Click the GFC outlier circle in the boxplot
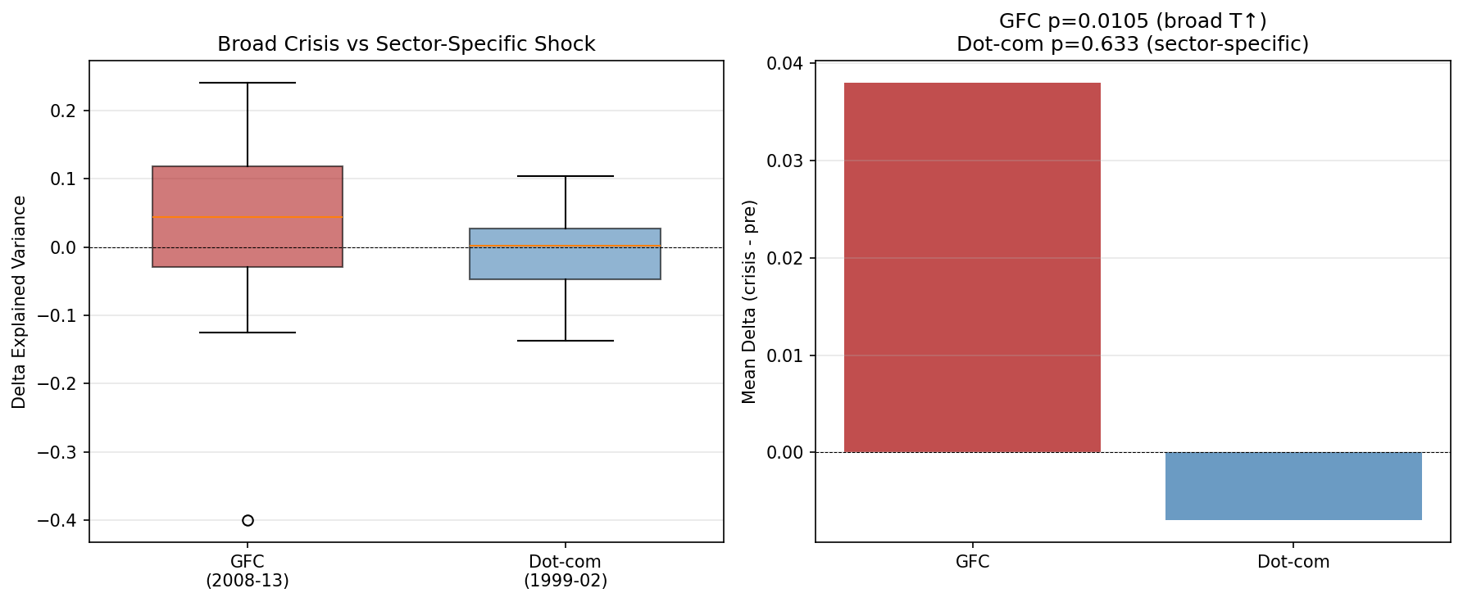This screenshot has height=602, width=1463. [x=248, y=520]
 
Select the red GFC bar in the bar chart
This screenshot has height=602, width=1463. [x=972, y=267]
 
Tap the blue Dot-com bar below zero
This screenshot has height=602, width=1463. [x=1293, y=486]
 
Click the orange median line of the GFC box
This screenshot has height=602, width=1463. [x=248, y=217]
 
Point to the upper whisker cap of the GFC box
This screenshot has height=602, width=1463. [x=248, y=83]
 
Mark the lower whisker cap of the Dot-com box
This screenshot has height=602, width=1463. [x=566, y=341]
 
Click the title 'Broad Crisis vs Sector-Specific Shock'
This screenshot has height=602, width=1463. [x=406, y=44]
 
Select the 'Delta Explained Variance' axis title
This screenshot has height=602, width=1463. [x=20, y=301]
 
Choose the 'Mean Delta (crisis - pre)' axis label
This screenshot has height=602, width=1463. [x=749, y=301]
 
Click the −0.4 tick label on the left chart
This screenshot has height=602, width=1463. [x=57, y=521]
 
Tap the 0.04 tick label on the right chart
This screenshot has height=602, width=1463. [x=785, y=63]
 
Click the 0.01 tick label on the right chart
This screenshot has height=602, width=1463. [x=785, y=355]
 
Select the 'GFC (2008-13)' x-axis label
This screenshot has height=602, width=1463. [x=248, y=571]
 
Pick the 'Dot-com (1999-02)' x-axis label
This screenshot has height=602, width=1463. [x=566, y=571]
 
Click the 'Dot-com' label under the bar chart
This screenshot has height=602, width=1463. [x=1293, y=562]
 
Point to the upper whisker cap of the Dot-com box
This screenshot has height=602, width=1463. [x=566, y=176]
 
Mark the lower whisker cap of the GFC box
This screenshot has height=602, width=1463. [x=248, y=333]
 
